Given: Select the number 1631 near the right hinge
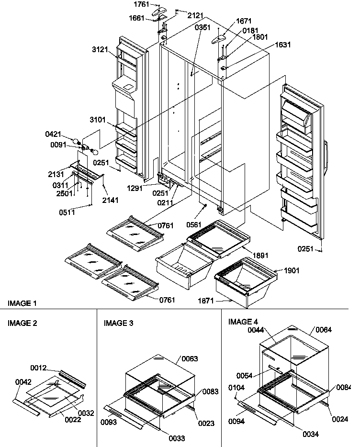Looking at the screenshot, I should click(282, 45).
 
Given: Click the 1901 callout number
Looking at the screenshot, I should click(292, 270).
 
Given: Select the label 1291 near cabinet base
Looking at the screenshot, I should click(135, 188).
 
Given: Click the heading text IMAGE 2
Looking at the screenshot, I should click(22, 323).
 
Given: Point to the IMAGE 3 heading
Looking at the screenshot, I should click(118, 323).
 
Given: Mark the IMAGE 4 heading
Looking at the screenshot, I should click(243, 321).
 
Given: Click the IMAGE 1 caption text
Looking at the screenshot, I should click(22, 303).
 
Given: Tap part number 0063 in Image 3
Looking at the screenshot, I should click(189, 358).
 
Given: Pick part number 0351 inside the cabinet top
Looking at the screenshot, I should click(202, 28).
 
